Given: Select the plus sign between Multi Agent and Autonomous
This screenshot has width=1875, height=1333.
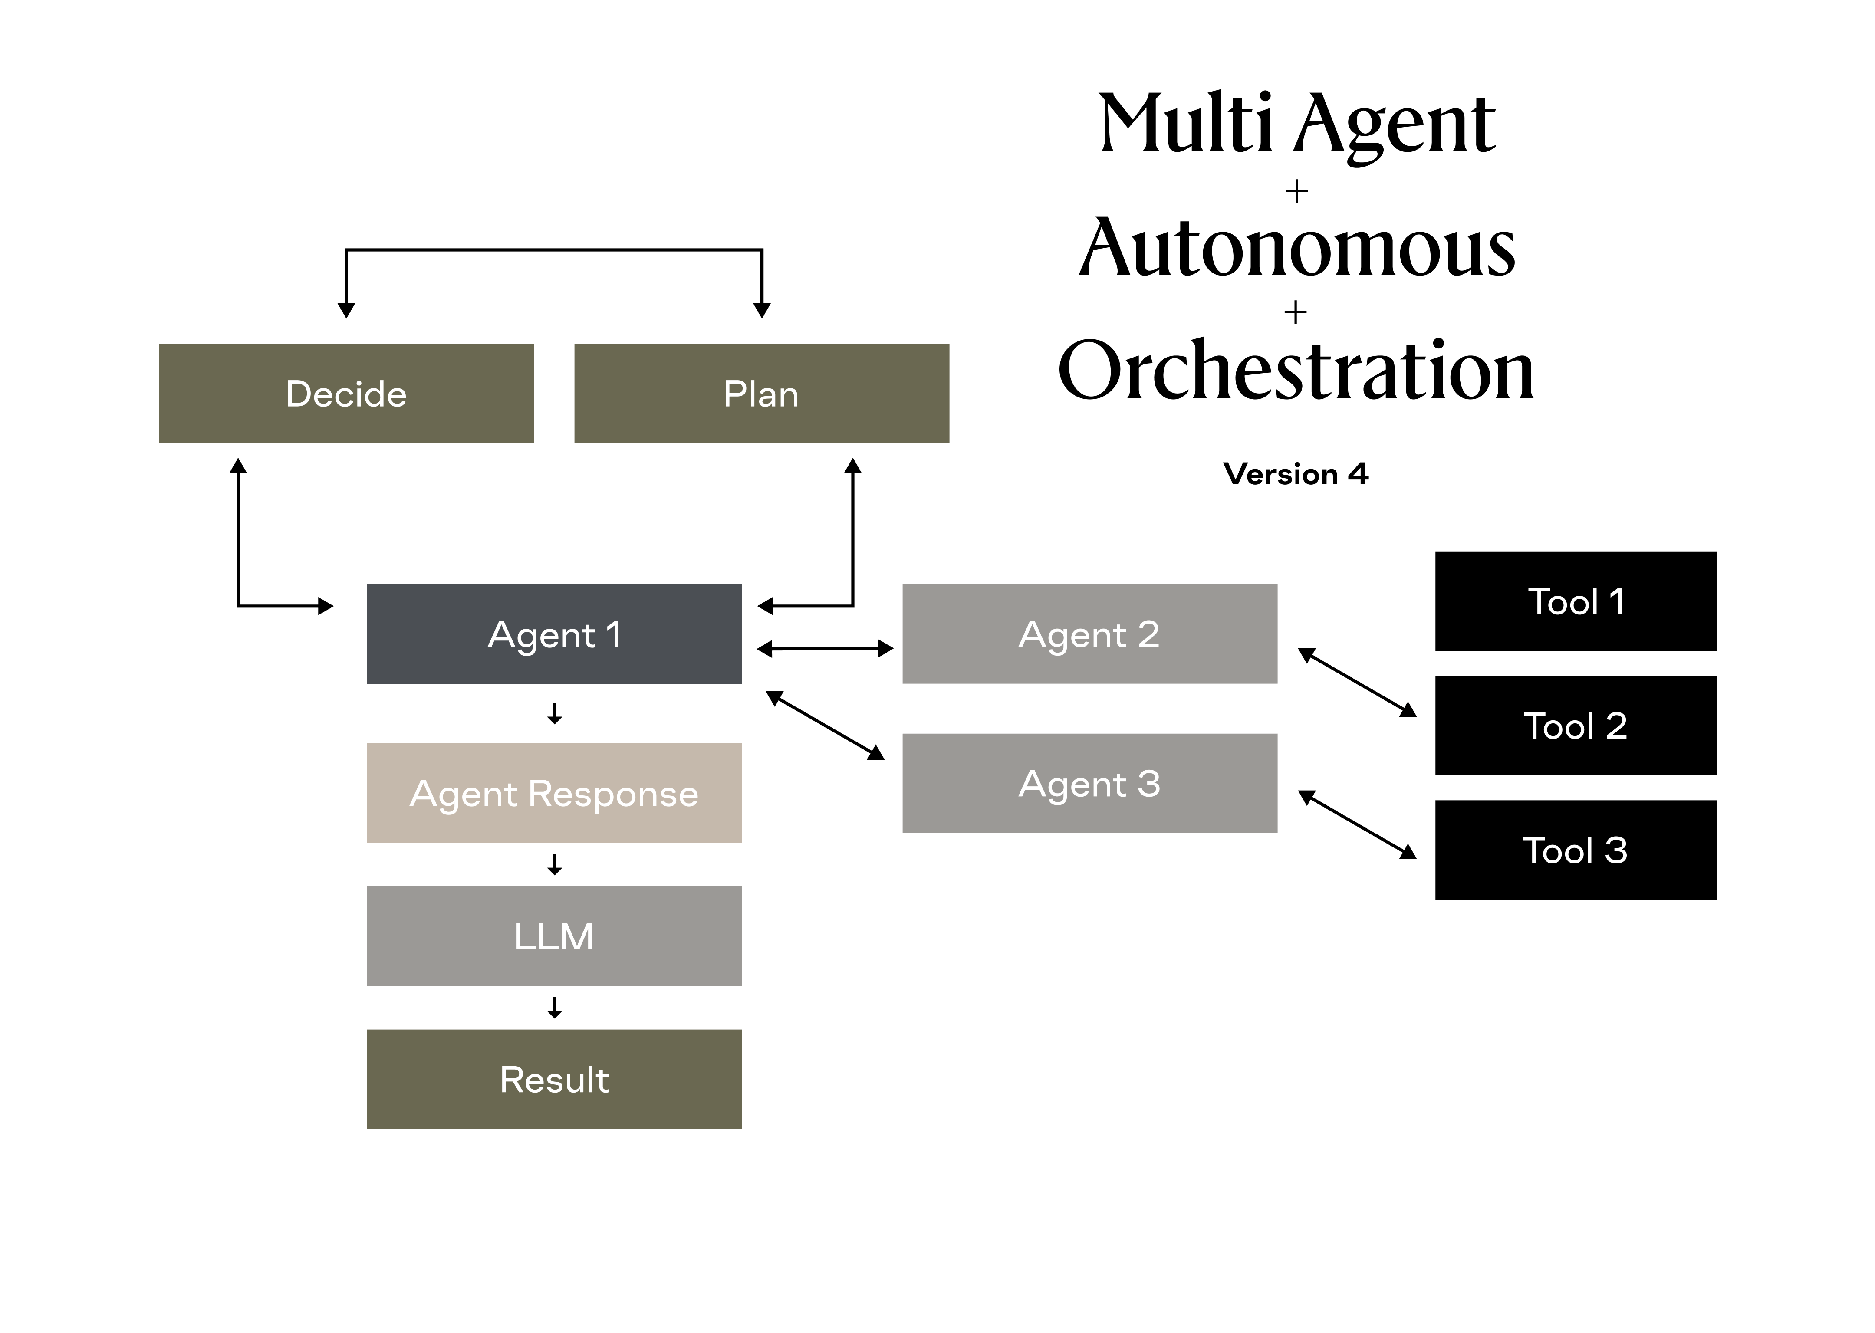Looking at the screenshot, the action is (x=1296, y=191).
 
